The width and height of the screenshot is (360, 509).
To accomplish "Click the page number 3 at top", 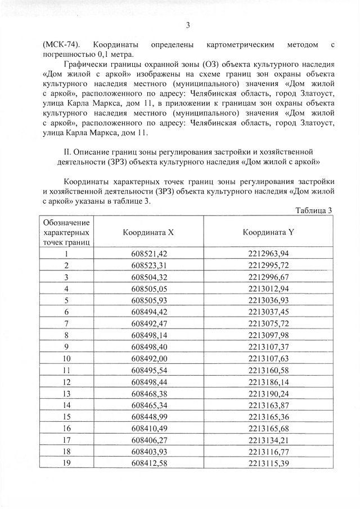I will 187,25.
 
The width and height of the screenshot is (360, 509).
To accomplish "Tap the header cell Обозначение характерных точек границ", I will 66,232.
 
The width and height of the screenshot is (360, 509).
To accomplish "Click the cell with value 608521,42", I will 149,254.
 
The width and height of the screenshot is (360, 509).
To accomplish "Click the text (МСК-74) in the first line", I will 61,44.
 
